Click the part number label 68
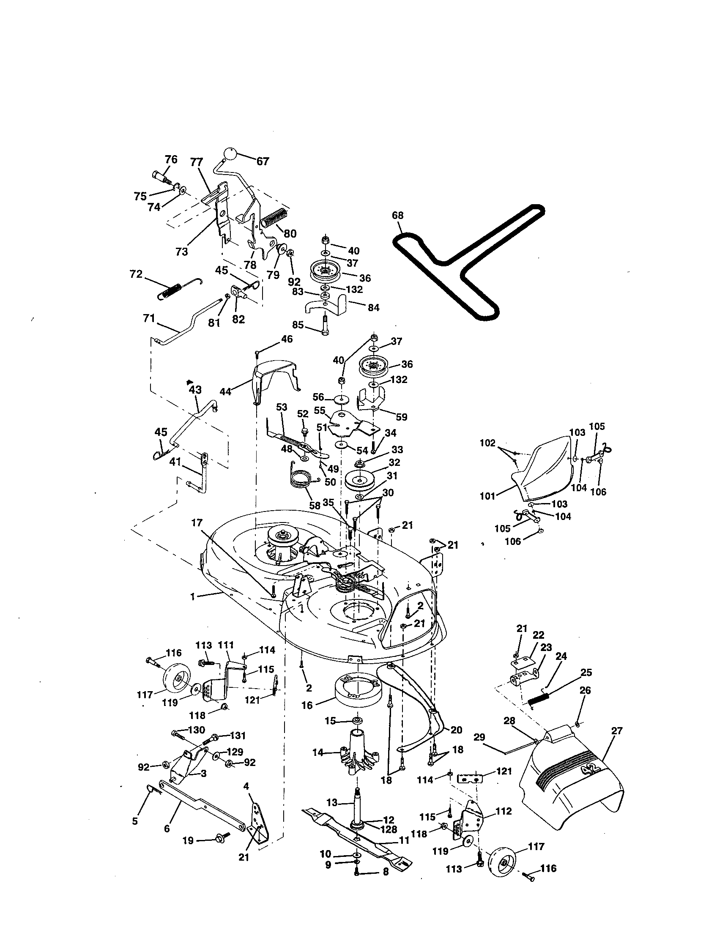click(397, 216)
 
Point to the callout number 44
click(225, 391)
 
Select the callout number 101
click(487, 496)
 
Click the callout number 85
click(298, 325)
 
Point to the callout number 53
click(282, 407)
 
